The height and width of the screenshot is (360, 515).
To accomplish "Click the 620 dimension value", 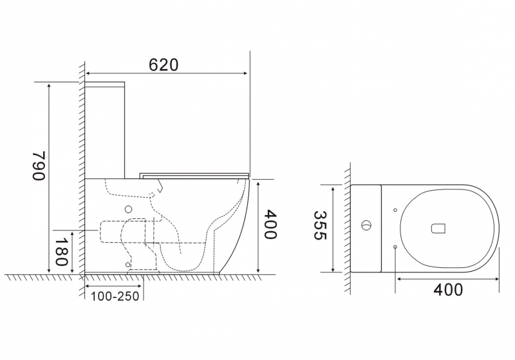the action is click(164, 64).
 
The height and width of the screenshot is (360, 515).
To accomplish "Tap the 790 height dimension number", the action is click(39, 166).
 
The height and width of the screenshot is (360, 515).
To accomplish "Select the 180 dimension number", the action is click(61, 252).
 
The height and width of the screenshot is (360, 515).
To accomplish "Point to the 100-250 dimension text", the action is click(115, 296).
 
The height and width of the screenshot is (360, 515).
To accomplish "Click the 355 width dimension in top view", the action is click(320, 225).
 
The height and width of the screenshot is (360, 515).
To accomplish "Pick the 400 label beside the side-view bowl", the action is click(270, 224).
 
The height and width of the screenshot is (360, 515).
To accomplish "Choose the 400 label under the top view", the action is click(447, 289).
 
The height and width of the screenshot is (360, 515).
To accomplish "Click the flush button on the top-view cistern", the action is click(366, 225).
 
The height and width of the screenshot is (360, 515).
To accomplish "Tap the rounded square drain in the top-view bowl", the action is click(438, 228).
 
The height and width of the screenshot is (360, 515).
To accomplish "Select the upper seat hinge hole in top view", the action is click(395, 210).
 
